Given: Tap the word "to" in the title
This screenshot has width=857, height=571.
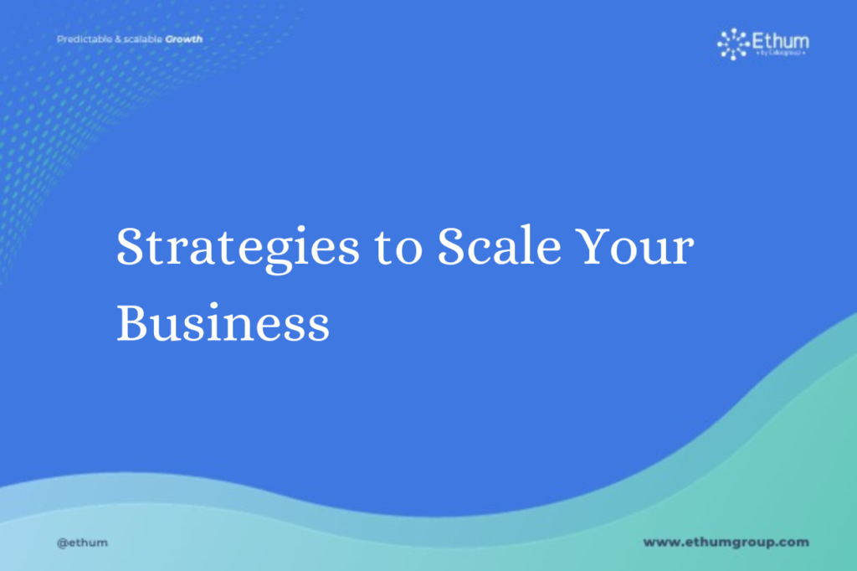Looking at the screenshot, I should coord(399,249).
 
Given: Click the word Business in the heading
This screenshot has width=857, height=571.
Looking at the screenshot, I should coord(223,322).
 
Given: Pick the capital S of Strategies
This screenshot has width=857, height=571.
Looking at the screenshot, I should coord(131,248).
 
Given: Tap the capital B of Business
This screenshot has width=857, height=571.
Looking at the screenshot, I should coord(132,322).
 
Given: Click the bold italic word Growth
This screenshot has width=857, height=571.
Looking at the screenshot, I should coord(183,39).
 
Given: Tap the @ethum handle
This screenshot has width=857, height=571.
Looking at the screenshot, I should coord(82,543).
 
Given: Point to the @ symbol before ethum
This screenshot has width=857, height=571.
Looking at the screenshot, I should coord(61,543).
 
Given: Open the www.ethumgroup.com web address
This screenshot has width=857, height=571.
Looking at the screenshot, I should coord(726,542).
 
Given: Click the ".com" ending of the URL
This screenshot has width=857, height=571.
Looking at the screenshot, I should coord(792,542).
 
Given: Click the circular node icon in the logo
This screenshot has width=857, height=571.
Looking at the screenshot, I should coord(733,44).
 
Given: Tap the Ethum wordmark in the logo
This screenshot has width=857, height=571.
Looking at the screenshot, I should coord(781,40).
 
